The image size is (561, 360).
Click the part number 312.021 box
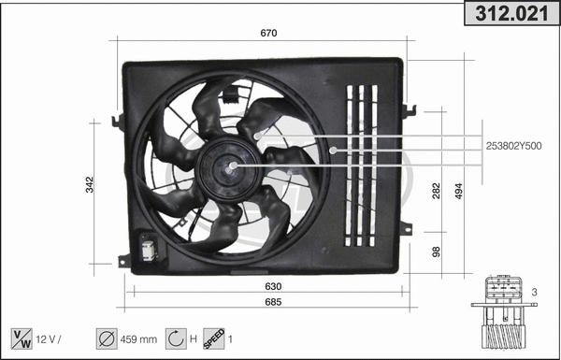click(511, 13)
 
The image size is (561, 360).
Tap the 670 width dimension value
click(268, 34)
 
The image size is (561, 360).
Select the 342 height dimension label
click(90, 183)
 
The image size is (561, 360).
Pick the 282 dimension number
click(437, 192)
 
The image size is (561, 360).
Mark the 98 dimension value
click(437, 251)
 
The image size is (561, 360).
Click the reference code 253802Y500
click(514, 145)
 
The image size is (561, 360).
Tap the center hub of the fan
click(231, 168)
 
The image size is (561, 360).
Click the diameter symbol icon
click(106, 338)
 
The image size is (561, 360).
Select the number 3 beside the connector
click(534, 294)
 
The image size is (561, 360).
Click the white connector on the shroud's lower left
click(148, 250)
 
